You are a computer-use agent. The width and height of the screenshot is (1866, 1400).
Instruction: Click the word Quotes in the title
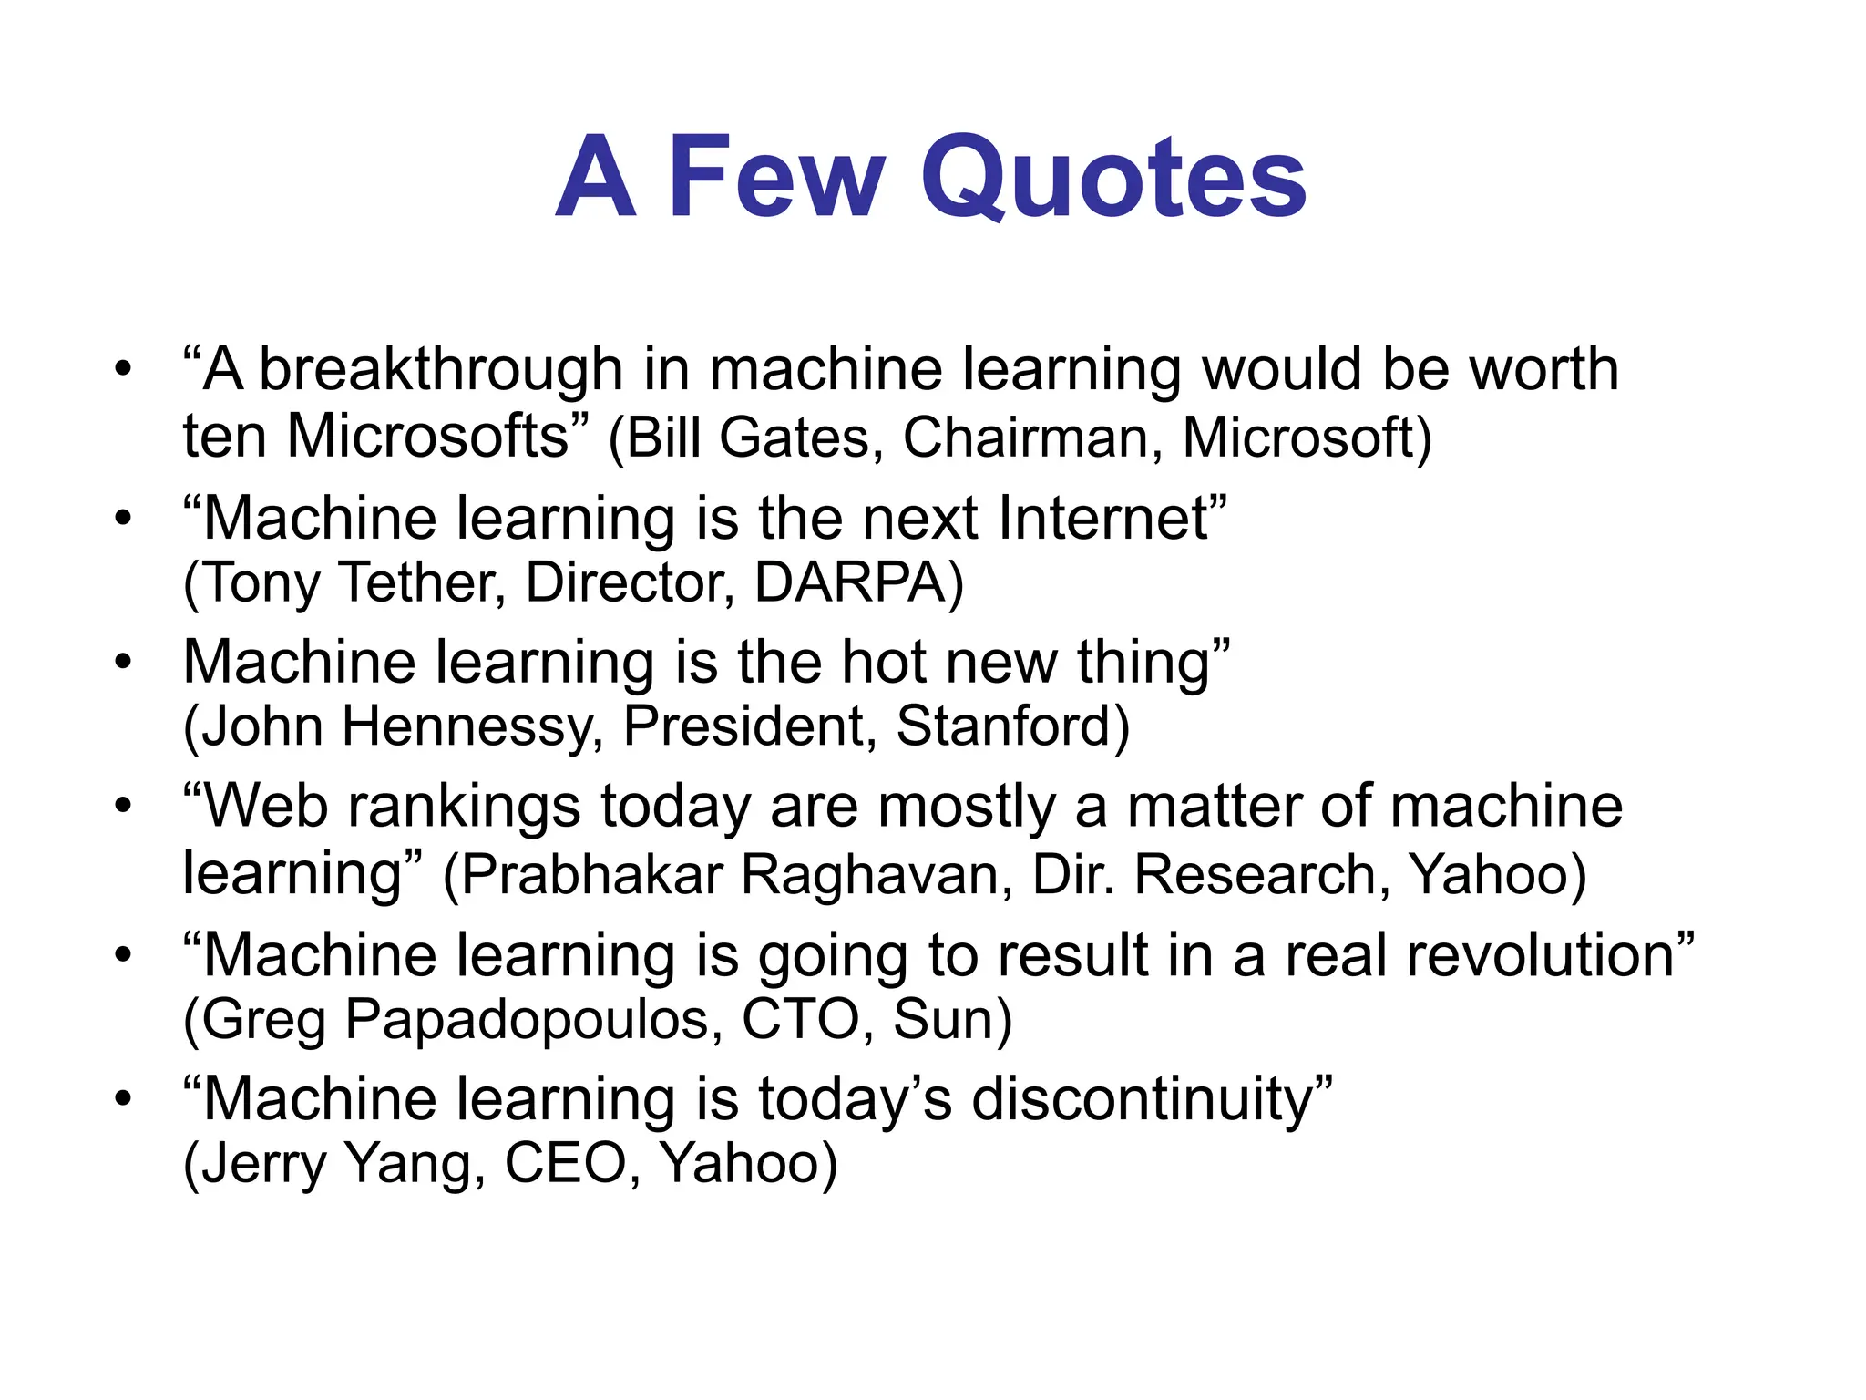(1113, 178)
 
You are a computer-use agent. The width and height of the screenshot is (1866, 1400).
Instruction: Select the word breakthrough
(441, 371)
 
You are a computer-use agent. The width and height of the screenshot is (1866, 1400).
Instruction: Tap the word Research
(1256, 874)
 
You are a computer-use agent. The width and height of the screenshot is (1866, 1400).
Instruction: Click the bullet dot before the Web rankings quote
(123, 806)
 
